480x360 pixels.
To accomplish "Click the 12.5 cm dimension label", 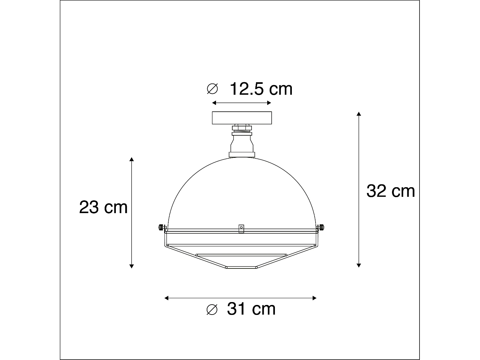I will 261,89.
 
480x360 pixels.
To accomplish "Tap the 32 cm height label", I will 390,191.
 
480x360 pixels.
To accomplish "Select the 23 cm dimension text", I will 103,207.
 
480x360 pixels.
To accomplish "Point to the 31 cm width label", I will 251,309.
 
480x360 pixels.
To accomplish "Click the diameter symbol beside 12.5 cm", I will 212,89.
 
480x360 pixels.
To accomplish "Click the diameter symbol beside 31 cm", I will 212,309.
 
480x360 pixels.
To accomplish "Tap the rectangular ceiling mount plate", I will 242,118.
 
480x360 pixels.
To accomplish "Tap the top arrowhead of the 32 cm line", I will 359,114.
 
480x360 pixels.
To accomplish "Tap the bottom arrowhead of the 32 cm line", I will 359,265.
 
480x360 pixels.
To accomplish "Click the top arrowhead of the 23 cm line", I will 131,159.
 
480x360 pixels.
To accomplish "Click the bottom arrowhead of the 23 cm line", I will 131,266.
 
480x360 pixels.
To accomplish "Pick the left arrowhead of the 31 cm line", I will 166,298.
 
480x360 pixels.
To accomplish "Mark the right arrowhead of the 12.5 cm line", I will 269,103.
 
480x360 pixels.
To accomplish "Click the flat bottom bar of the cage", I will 242,268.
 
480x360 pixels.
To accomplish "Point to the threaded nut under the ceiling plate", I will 242,129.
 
